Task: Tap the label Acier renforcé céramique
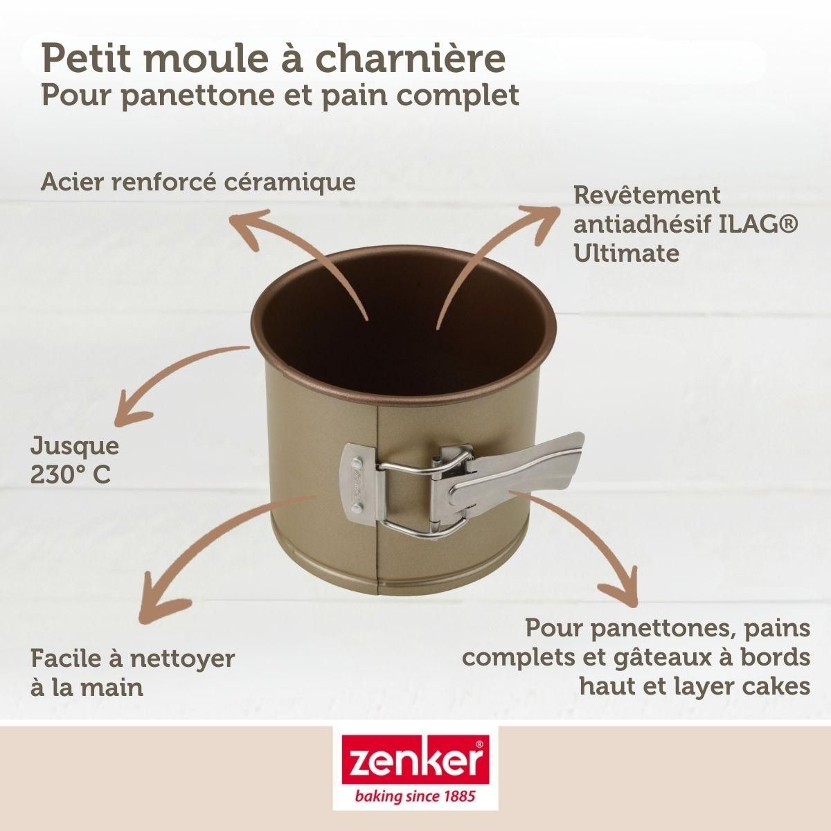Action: [199, 182]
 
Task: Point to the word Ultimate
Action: [626, 253]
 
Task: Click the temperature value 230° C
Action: [70, 476]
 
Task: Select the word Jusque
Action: [75, 446]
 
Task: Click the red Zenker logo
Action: [415, 761]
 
